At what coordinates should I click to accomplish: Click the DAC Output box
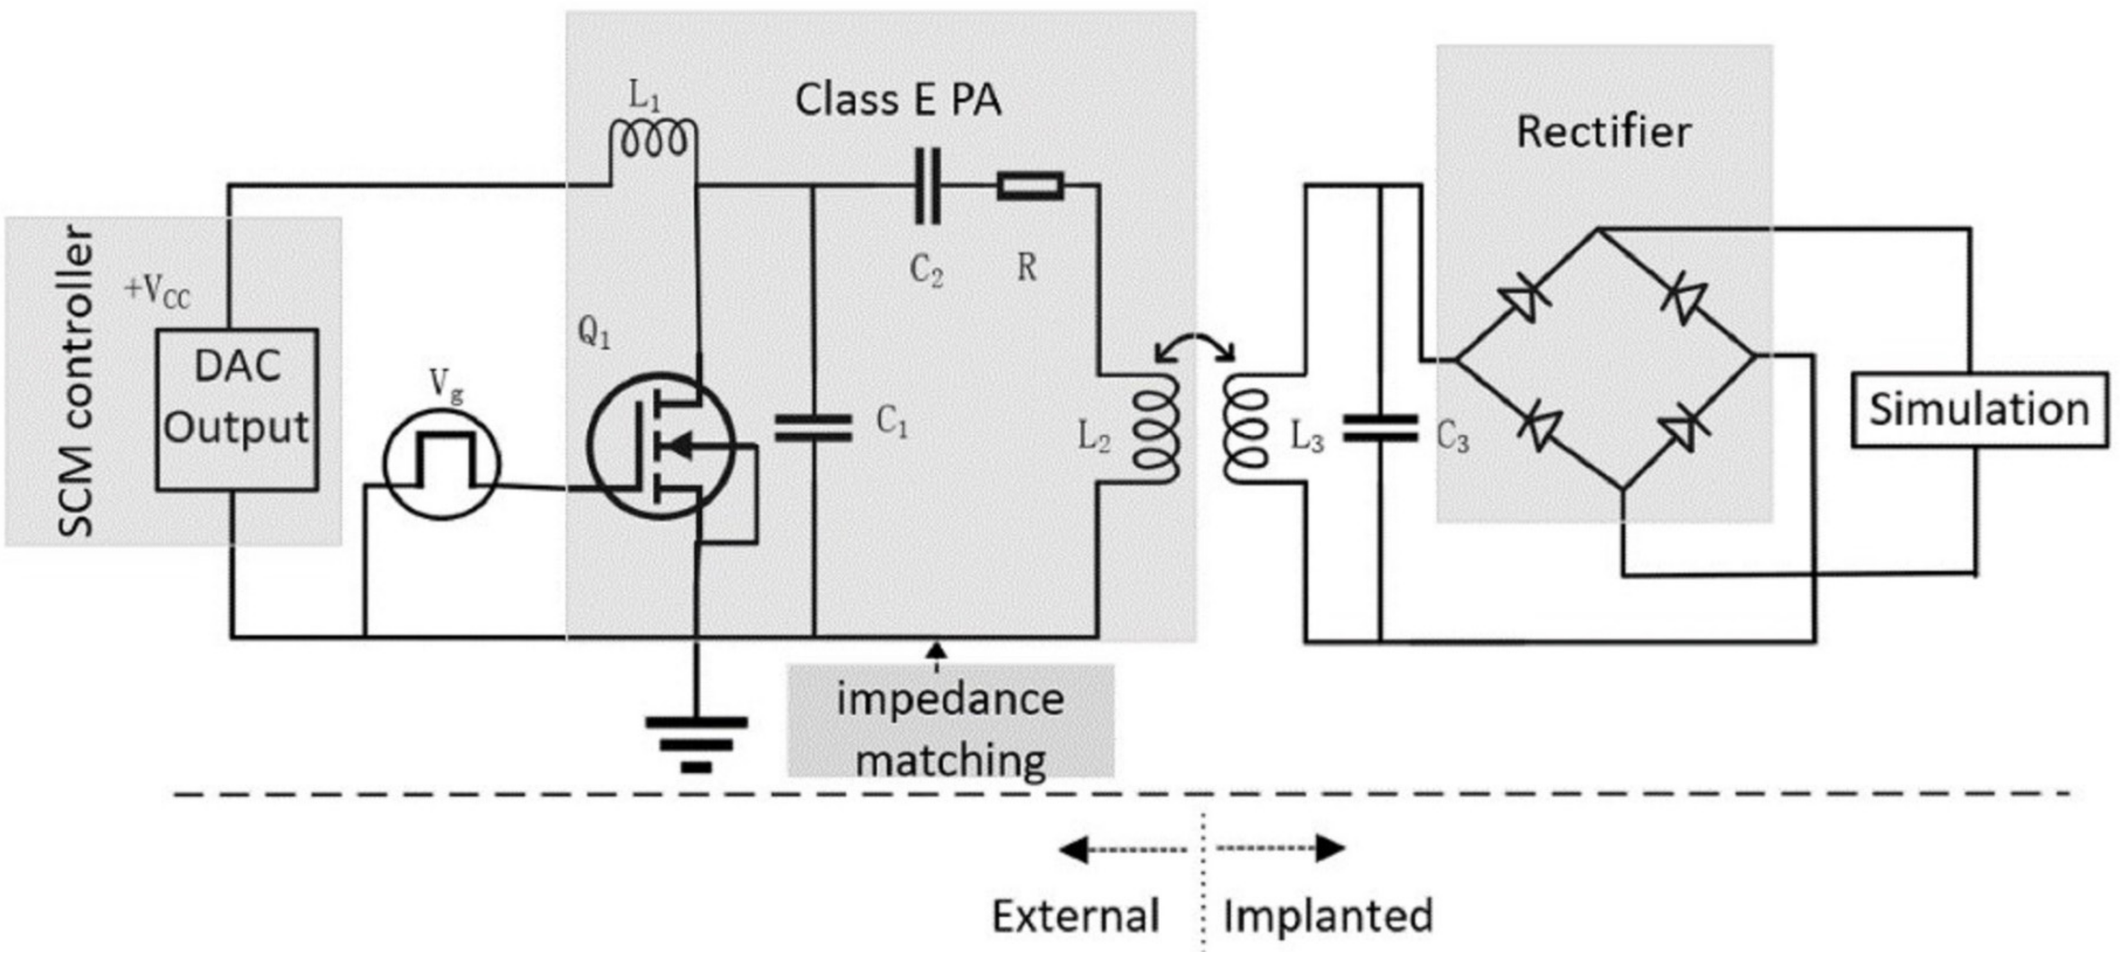pos(237,410)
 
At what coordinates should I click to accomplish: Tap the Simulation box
pos(1979,410)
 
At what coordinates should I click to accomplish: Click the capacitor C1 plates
pos(813,428)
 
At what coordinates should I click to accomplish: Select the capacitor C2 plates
pos(928,186)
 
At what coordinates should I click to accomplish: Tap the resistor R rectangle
pos(1030,186)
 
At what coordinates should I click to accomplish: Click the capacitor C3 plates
pos(1380,428)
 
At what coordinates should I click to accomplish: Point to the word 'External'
pos(1075,916)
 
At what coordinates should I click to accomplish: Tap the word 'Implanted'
pos(1327,916)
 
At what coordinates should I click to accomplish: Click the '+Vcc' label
pos(158,292)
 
